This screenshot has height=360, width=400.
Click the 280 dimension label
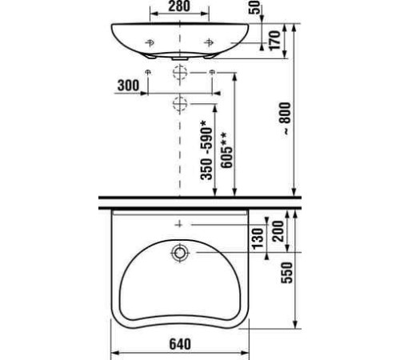pyautogui.click(x=179, y=10)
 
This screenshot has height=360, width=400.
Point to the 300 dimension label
pyautogui.click(x=127, y=84)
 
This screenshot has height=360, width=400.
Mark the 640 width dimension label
pyautogui.click(x=180, y=346)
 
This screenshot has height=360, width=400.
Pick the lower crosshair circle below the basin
pyautogui.click(x=179, y=102)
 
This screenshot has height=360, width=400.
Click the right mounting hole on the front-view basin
pyautogui.click(x=209, y=42)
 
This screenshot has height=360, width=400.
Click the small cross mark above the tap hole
pyautogui.click(x=179, y=225)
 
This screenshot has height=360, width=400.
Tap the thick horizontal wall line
pyautogui.click(x=200, y=198)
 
